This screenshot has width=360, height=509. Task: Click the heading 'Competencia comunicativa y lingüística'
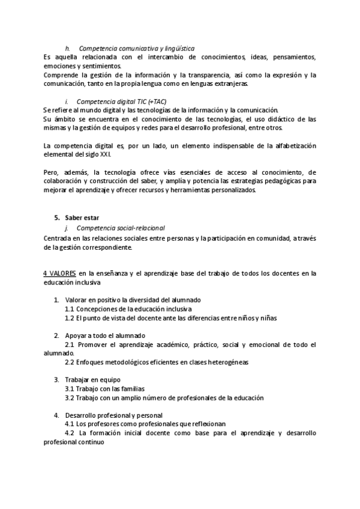pyautogui.click(x=136, y=48)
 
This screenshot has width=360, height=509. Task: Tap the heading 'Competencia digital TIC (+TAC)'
pyautogui.click(x=121, y=101)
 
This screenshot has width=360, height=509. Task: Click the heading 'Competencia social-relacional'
pyautogui.click(x=121, y=229)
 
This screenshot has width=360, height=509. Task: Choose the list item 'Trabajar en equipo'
pyautogui.click(x=93, y=379)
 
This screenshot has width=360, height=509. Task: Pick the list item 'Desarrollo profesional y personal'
pyautogui.click(x=114, y=415)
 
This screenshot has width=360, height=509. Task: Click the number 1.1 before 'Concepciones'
pyautogui.click(x=69, y=309)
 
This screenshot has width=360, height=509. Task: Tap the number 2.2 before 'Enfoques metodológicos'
pyautogui.click(x=69, y=362)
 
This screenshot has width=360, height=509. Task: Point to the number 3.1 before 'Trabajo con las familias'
pyautogui.click(x=69, y=388)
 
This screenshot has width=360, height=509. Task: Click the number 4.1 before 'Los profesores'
pyautogui.click(x=69, y=424)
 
